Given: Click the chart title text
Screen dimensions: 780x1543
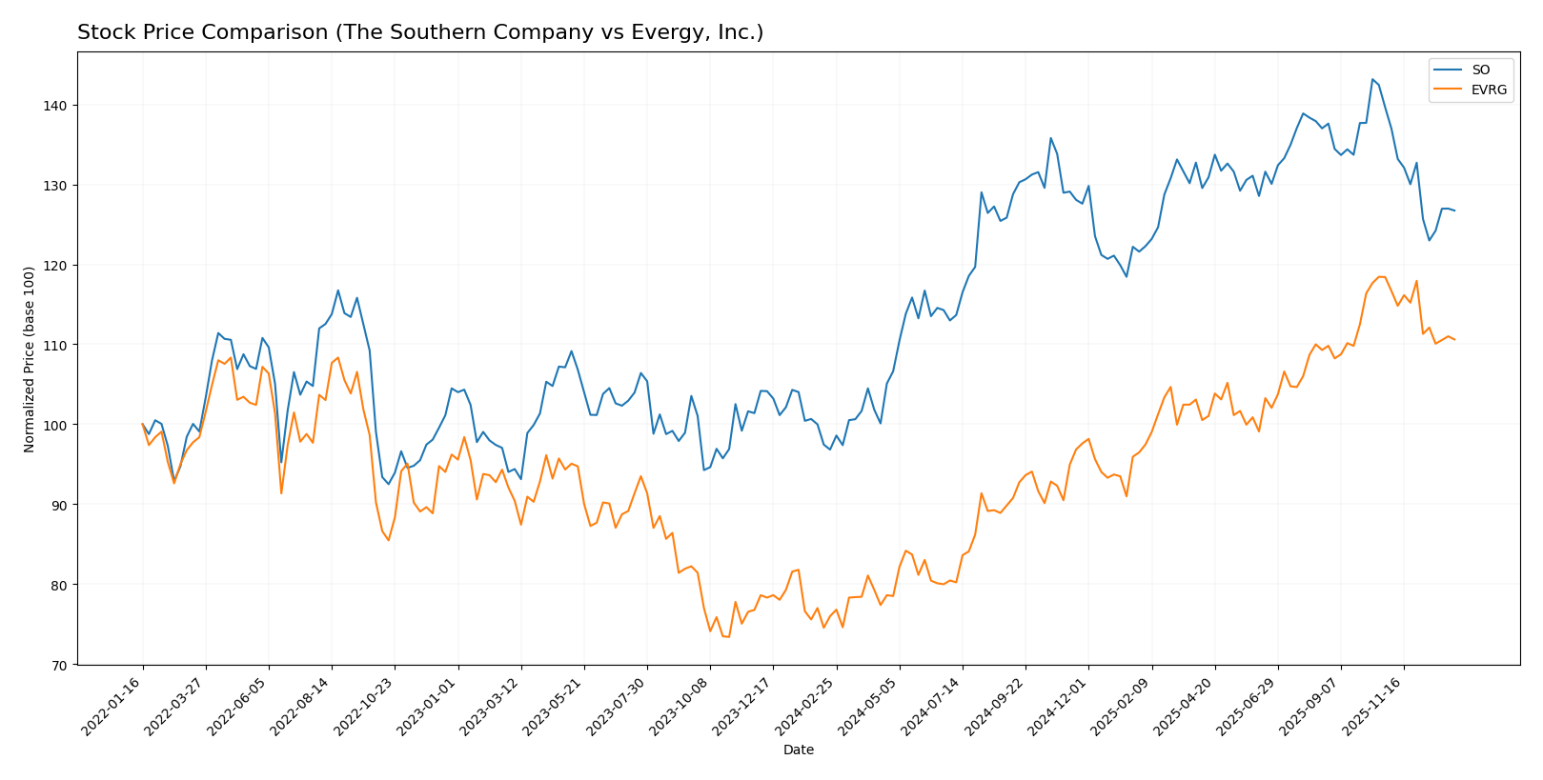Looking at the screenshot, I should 420,32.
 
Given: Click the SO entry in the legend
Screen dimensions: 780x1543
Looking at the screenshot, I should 1480,70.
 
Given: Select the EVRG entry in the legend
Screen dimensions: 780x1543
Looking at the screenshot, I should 1489,90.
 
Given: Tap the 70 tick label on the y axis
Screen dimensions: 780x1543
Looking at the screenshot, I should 59,665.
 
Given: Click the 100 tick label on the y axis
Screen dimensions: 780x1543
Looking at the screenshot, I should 56,425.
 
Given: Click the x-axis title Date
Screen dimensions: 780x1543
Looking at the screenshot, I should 798,750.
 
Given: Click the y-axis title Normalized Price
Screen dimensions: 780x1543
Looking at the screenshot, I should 30,359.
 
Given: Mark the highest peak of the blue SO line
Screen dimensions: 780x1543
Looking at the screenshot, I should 1372,79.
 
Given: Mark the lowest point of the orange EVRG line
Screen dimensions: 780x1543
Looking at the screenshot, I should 728,636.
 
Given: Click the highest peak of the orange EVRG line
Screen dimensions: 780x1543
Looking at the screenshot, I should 1378,276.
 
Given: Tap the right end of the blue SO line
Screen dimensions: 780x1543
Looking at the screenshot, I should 1454,210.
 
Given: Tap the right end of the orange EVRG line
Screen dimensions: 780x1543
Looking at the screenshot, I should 1454,340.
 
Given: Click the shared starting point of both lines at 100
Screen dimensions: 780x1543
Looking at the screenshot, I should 143,424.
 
